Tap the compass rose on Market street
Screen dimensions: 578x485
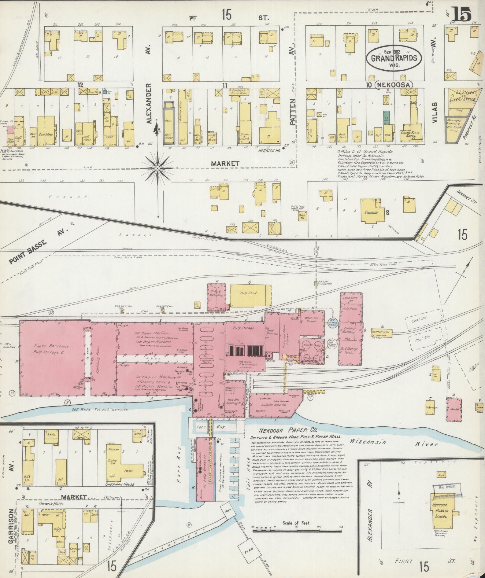pos(157,168)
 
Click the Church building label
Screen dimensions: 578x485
pos(371,212)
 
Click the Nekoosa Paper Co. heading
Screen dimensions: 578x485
pos(284,431)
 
